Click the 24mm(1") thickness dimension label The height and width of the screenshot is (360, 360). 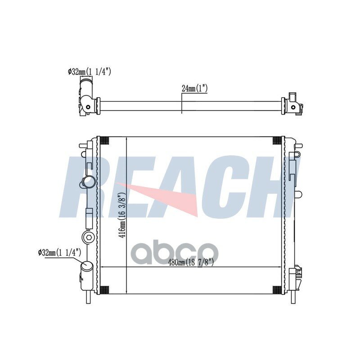coord(194,88)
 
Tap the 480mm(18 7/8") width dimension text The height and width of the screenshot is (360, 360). coord(191,262)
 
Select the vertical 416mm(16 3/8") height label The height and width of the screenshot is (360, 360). coord(122,215)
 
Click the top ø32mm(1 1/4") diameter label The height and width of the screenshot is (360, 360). coord(90,72)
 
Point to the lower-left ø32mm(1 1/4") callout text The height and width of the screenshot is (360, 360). coord(60,252)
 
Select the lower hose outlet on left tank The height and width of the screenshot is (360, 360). coord(87,266)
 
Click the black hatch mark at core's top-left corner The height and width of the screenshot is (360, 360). coord(104,140)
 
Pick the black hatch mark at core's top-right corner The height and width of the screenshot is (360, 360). coord(277,140)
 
